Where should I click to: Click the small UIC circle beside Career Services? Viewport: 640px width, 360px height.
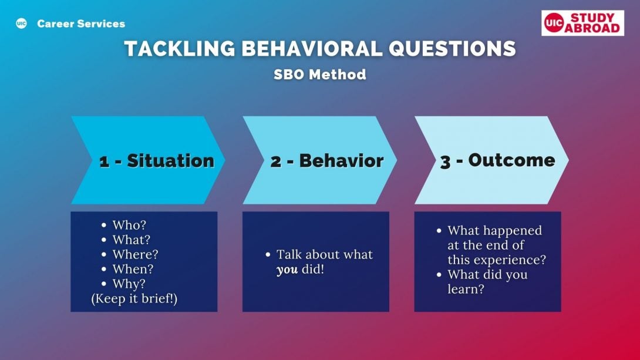pos(21,23)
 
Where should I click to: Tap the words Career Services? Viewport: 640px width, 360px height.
pos(81,23)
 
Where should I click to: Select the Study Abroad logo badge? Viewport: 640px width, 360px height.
pos(582,23)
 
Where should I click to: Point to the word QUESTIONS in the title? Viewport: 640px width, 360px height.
pos(452,49)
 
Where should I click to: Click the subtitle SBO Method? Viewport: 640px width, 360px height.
pos(320,74)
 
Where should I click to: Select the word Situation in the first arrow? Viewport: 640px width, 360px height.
pos(171,160)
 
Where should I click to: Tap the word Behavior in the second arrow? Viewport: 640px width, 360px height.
pos(342,160)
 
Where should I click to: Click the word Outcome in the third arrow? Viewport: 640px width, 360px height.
pos(512,160)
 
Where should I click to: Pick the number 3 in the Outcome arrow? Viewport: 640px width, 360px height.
pos(445,162)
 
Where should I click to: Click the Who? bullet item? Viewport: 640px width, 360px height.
pos(129,225)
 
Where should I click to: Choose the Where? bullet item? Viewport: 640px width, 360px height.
pos(135,254)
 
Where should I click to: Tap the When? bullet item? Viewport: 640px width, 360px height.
pos(133,269)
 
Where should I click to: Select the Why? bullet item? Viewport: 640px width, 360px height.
pos(129,284)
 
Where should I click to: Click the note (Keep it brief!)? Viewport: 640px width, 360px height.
pos(134,299)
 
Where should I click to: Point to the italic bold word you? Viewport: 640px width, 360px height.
pos(287,270)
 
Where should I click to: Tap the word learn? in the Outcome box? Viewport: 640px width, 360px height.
pos(466,289)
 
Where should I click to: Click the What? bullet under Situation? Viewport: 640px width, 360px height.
pos(132,240)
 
